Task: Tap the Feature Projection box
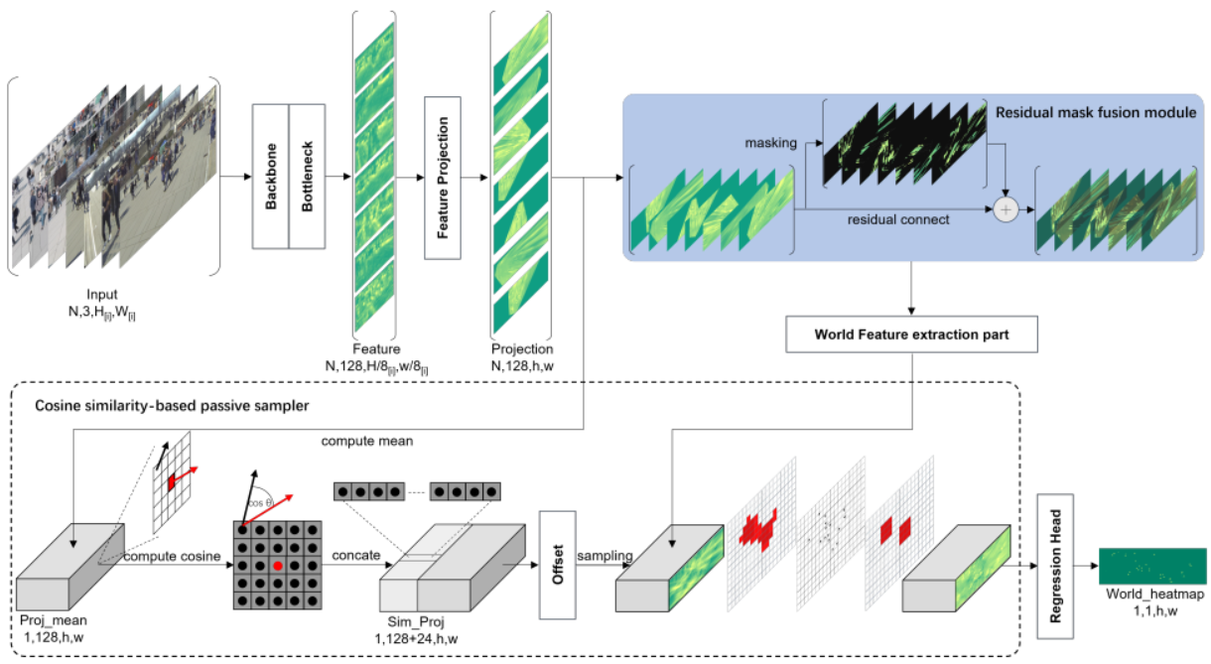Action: point(443,177)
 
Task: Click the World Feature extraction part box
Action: point(911,334)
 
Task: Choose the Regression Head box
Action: point(1056,565)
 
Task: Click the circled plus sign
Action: point(1007,209)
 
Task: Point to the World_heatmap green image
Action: point(1151,567)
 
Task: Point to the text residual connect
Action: point(898,219)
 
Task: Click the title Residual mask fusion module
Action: point(1095,112)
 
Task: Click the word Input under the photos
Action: point(101,294)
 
